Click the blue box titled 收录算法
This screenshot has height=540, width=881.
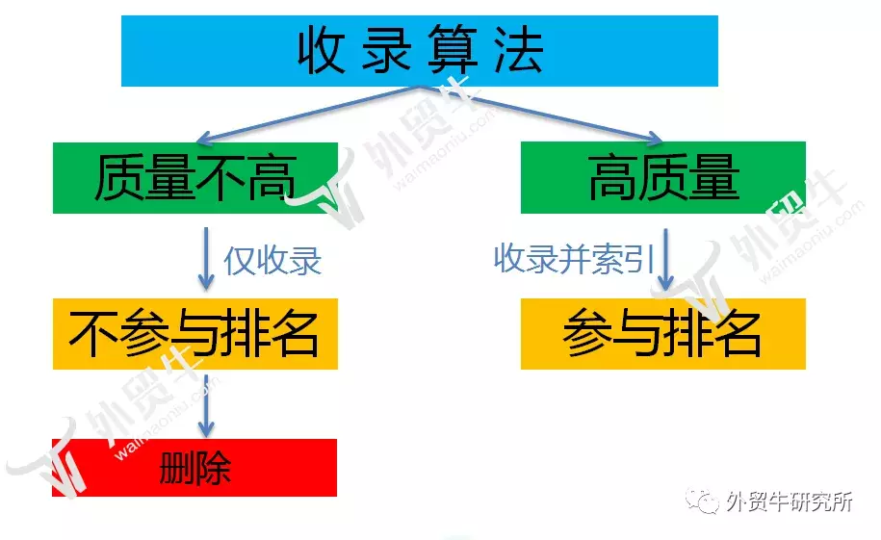419,51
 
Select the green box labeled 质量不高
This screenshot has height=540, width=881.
194,177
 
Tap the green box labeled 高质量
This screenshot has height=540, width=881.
663,177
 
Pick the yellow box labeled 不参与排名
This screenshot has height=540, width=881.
194,334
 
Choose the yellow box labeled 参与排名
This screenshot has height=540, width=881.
663,334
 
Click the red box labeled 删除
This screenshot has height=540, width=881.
194,468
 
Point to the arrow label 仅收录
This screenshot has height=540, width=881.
272,261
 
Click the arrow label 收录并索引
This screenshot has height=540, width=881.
574,259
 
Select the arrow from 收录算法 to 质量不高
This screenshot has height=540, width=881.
308,115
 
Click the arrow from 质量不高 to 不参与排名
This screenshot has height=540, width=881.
206,259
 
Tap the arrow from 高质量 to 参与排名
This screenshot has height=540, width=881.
666,260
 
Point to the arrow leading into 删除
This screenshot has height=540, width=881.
206,404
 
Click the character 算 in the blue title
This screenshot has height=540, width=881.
453,50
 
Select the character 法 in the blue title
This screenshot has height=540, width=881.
519,50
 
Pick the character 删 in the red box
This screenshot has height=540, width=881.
177,468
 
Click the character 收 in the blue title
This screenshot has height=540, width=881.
322,50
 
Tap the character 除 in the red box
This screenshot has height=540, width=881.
214,468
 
